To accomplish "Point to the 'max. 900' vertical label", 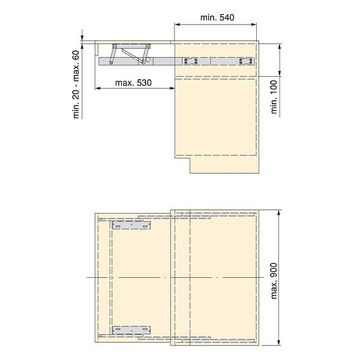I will pos(274,278).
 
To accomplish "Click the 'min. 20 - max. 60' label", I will pos(77,84).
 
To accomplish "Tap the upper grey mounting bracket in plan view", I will pos(131,226).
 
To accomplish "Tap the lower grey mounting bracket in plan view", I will pos(131,329).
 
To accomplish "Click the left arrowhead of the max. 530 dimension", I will pos(98,88).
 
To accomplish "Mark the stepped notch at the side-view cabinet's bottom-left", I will pos(182,158).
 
